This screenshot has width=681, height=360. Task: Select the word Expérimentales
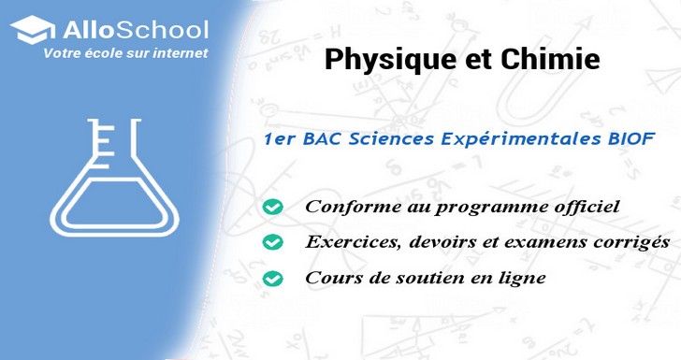click(x=514, y=137)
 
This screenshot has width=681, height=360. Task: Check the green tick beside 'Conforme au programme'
click(x=272, y=206)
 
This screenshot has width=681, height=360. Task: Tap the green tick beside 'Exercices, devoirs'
click(x=272, y=242)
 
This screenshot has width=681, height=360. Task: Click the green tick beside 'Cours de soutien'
click(x=272, y=278)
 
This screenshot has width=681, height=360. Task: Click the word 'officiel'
click(x=587, y=206)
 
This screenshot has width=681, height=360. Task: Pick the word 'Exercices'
click(x=348, y=241)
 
